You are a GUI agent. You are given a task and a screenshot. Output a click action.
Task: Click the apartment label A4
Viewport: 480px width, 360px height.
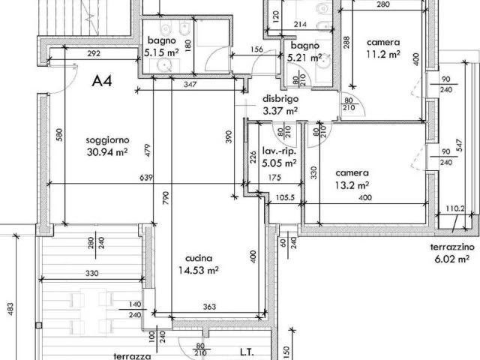tap(102, 81)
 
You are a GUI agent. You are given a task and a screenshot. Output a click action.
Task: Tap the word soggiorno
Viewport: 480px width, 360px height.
tap(107, 140)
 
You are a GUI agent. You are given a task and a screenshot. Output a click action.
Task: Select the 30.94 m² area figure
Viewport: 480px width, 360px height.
tap(107, 151)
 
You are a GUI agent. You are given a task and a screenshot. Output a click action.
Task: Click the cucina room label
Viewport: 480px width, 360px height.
tap(199, 258)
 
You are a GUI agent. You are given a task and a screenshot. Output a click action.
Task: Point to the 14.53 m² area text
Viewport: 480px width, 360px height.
tap(198, 270)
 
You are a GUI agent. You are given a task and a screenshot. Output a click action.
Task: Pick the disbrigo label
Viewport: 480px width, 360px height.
tap(280, 99)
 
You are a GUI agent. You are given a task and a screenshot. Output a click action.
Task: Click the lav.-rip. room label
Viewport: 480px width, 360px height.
tap(279, 151)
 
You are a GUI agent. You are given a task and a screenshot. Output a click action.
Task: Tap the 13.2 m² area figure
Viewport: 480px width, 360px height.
tap(352, 185)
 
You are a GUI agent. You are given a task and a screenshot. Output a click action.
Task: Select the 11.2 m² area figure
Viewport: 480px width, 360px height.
tap(383, 54)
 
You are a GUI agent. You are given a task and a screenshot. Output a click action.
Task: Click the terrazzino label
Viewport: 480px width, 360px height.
tap(452, 247)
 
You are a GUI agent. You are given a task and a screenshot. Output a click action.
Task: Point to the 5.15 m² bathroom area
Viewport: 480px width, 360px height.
tap(162, 52)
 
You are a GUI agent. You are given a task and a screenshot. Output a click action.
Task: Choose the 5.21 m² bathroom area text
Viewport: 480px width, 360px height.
tap(304, 57)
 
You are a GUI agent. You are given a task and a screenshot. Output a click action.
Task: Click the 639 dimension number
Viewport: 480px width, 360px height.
tap(146, 178)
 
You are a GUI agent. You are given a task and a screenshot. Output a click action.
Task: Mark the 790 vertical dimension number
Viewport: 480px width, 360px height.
tap(165, 198)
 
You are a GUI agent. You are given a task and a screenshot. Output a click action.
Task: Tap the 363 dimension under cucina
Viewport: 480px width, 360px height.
tap(209, 307)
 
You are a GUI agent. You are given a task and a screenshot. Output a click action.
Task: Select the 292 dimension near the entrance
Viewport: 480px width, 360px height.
tap(94, 53)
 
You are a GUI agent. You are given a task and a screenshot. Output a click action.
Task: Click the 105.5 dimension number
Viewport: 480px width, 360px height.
tap(285, 197)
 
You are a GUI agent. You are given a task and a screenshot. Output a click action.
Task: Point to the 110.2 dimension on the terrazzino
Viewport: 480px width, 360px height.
tap(455, 208)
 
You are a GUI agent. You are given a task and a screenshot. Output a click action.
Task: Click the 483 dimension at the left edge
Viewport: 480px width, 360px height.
tap(10, 310)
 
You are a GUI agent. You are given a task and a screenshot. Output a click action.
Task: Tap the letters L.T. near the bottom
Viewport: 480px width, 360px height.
tap(247, 352)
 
